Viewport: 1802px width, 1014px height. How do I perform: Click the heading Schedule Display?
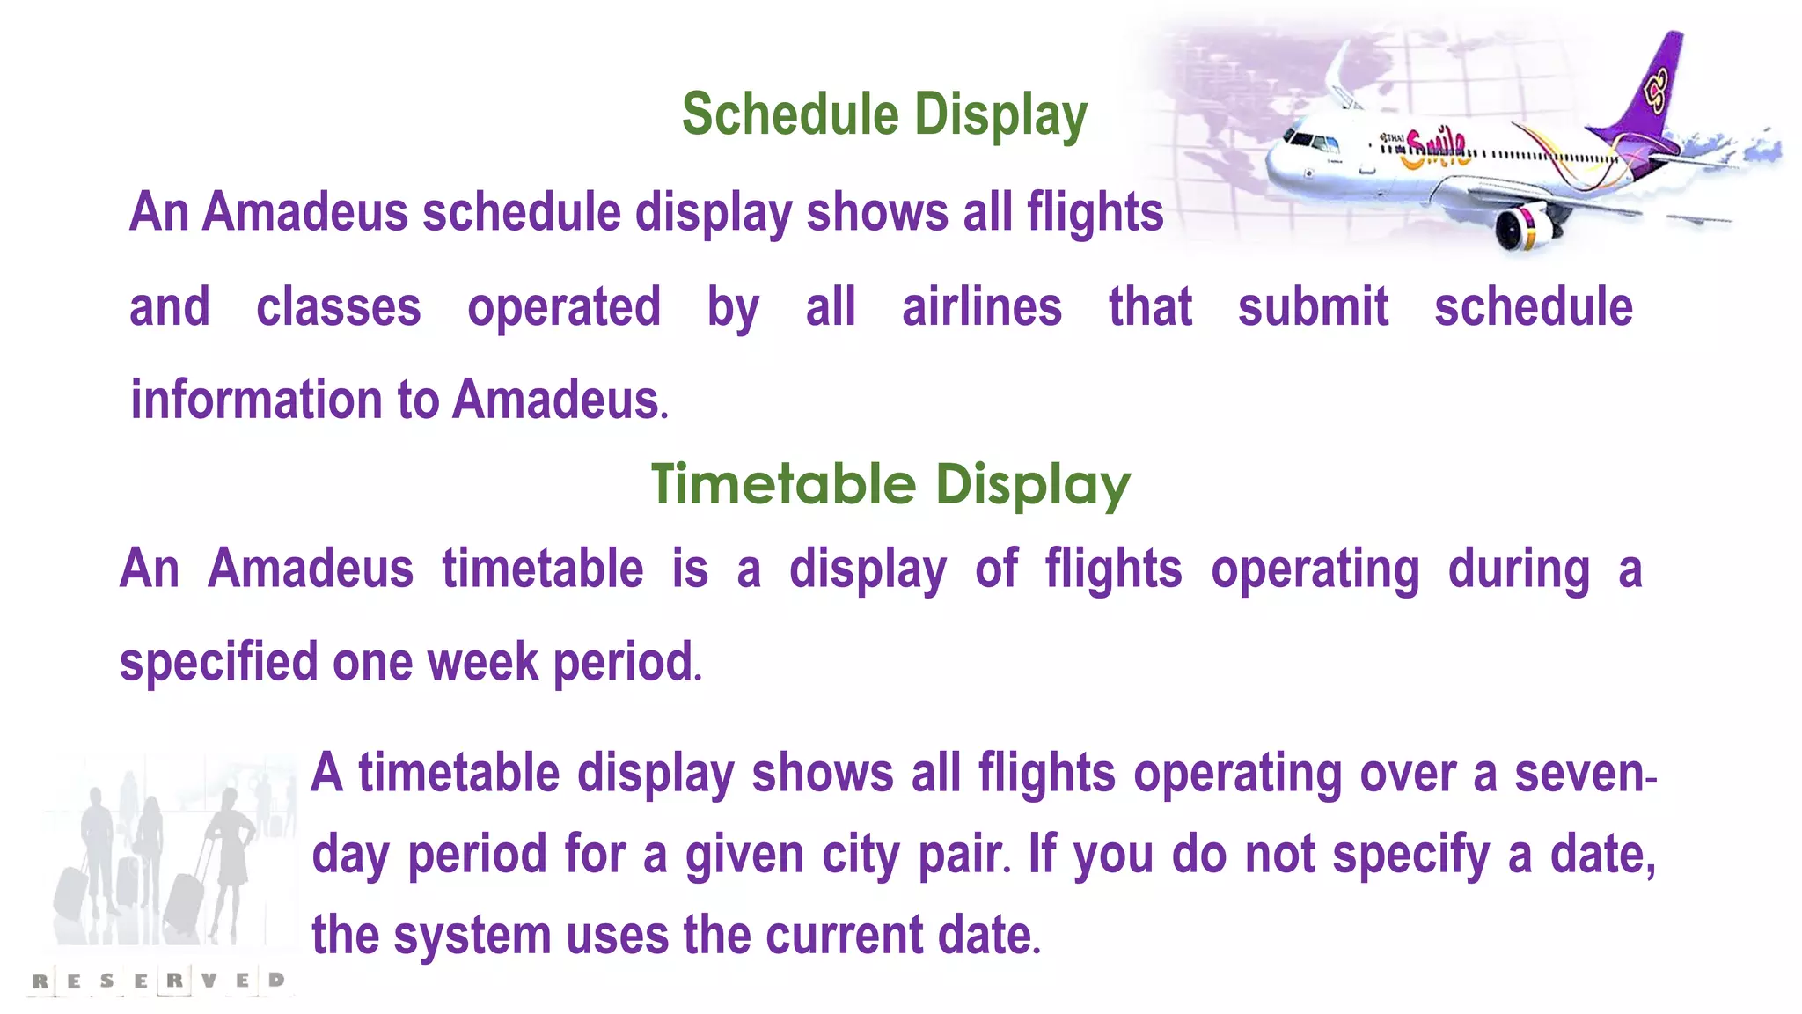coord(884,115)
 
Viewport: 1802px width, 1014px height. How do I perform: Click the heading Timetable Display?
coord(890,484)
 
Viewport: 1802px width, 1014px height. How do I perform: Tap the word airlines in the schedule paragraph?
coord(982,306)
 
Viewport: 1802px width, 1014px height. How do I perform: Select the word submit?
coord(1313,306)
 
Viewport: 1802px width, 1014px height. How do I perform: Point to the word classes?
coord(339,306)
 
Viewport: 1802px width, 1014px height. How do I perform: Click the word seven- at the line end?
coord(1585,773)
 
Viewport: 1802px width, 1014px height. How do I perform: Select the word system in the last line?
coord(473,935)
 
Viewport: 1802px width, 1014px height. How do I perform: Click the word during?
coord(1519,569)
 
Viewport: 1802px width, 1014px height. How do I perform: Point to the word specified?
coord(218,662)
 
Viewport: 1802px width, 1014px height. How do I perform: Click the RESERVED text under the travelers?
coord(158,980)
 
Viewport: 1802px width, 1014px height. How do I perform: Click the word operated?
coord(564,306)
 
